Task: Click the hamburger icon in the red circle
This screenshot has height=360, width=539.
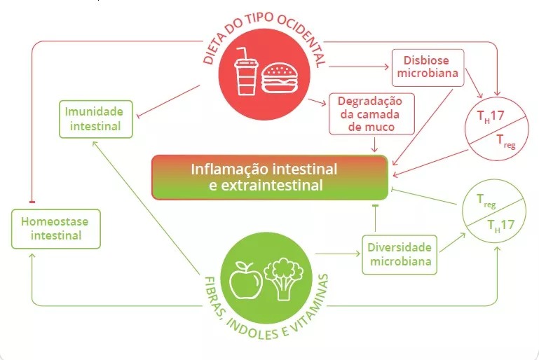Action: [x=279, y=76]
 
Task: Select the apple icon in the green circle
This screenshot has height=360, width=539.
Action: [x=246, y=278]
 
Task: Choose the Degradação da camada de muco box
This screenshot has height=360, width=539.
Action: [x=371, y=113]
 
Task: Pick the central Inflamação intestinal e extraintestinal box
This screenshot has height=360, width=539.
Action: [x=269, y=177]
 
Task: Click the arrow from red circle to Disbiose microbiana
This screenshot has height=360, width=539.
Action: [x=357, y=68]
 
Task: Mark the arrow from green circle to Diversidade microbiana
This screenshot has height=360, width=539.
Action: [x=338, y=254]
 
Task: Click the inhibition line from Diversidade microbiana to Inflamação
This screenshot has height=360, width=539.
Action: [x=376, y=219]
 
